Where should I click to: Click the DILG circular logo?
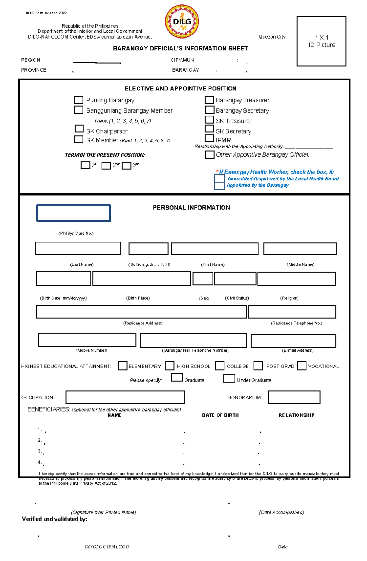pos(182,21)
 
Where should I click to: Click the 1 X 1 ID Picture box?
pos(321,41)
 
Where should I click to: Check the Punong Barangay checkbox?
pos(79,100)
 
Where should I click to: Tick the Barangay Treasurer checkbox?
pos(209,100)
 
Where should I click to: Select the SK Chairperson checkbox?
pos(79,129)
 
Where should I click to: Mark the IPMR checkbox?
pos(209,138)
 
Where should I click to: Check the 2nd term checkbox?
pos(106,166)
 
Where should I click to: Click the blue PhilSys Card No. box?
pos(73,213)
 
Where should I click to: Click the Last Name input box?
pos(78,249)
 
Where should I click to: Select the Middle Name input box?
pos(300,249)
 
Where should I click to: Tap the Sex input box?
pos(203,279)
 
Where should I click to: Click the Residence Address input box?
pos(141,312)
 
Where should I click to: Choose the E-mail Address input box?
pos(293,341)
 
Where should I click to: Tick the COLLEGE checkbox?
pos(220,366)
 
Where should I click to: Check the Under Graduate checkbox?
pos(229,378)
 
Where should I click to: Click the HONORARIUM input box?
pos(294,397)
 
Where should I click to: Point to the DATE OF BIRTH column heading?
pos(220,415)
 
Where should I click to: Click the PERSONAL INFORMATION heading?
pos(191,208)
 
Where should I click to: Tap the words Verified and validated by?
pos(54,519)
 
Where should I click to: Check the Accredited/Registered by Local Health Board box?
pos(219,179)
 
